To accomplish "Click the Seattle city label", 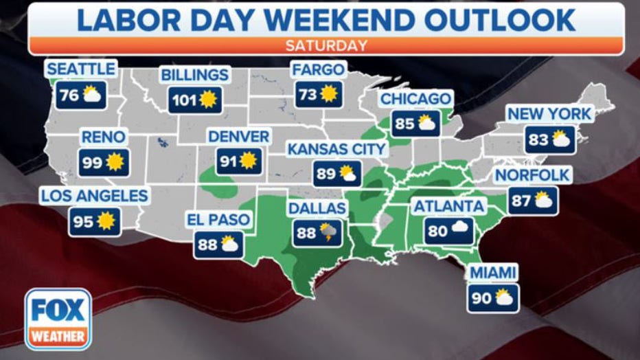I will [80, 69].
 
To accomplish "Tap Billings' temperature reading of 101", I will [183, 100].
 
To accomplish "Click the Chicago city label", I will [415, 99].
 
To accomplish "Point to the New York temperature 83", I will [538, 140].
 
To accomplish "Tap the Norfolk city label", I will [533, 175].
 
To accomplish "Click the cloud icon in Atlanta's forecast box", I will [459, 230].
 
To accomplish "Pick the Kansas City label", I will [336, 149].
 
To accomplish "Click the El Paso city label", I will [219, 220].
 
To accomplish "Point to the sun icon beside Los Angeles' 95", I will [107, 221].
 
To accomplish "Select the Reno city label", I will [103, 137].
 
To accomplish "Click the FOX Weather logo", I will [58, 319].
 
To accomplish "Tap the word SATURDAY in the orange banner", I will [325, 46].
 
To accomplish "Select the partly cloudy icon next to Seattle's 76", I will [92, 95].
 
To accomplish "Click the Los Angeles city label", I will [94, 196].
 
